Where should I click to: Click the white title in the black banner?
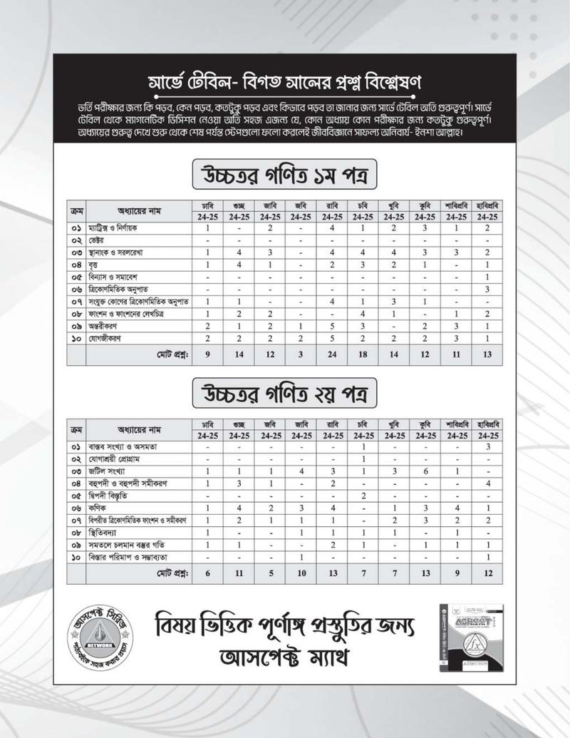tap(284, 78)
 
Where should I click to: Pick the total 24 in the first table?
tap(332, 354)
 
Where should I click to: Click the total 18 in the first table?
tap(363, 354)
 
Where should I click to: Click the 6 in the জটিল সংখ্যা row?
tap(425, 471)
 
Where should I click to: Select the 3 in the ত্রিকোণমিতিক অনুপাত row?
tap(487, 289)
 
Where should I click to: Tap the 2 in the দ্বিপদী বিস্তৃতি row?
tap(363, 496)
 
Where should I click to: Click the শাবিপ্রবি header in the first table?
tap(456, 204)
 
